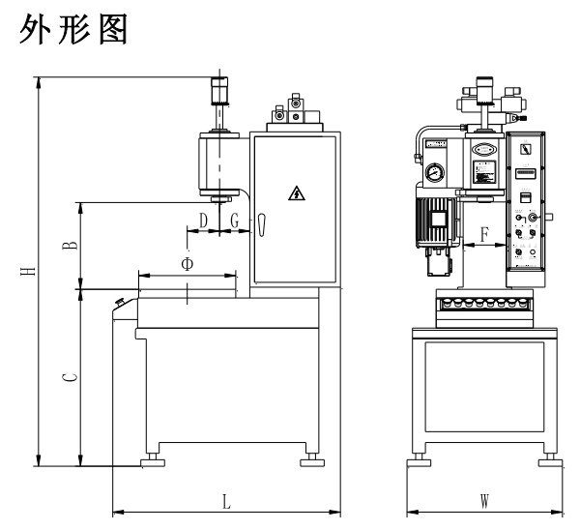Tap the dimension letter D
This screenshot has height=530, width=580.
pyautogui.click(x=203, y=221)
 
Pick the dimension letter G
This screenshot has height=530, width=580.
pyautogui.click(x=235, y=221)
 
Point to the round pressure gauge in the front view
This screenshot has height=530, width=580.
pyautogui.click(x=431, y=175)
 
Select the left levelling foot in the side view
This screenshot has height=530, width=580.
pyautogui.click(x=152, y=461)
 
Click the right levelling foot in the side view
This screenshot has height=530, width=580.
pyautogui.click(x=312, y=461)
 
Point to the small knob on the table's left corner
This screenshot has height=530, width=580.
pyautogui.click(x=121, y=303)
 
